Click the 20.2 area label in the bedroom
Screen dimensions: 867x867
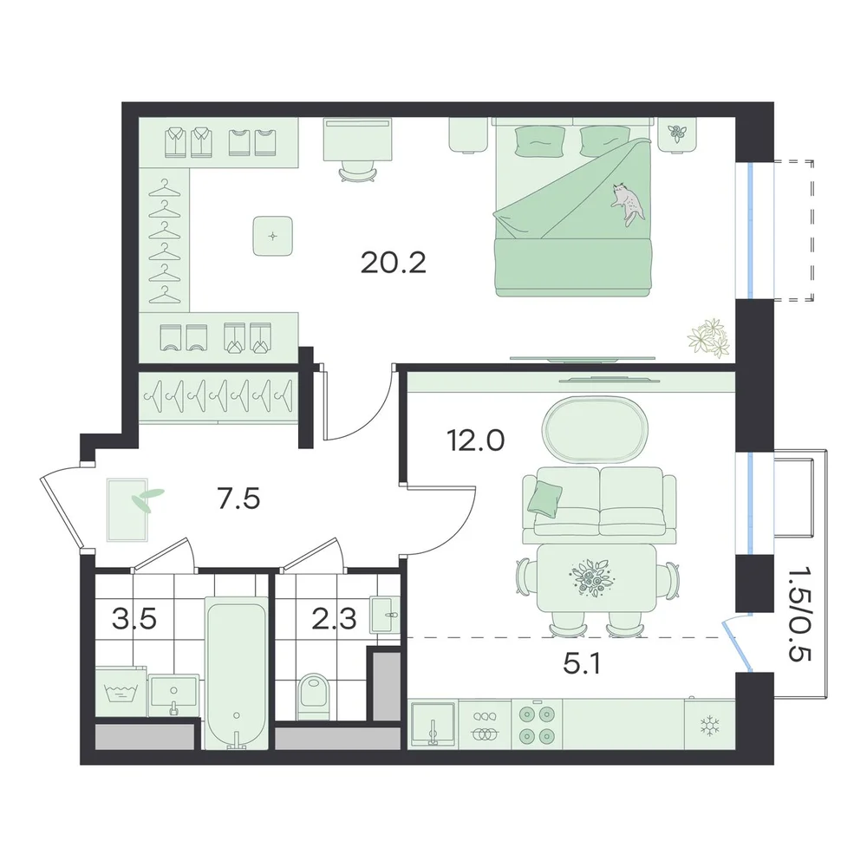tap(393, 264)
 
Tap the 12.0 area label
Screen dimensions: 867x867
tap(475, 441)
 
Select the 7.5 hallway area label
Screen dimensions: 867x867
tap(239, 499)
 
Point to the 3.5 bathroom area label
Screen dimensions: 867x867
tap(134, 619)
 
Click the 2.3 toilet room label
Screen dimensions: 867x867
tap(334, 619)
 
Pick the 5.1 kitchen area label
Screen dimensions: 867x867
tap(582, 663)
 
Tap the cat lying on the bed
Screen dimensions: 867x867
tap(628, 204)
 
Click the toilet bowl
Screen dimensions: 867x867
tap(313, 697)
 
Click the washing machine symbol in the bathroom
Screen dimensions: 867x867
tap(121, 692)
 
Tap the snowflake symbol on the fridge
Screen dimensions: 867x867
tap(708, 726)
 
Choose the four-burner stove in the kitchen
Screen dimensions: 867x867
tap(537, 724)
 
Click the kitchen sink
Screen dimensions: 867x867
tap(432, 724)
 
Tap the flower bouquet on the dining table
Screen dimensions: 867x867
tap(590, 577)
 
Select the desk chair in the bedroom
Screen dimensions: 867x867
tap(358, 171)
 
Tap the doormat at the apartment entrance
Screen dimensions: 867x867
tap(127, 510)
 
